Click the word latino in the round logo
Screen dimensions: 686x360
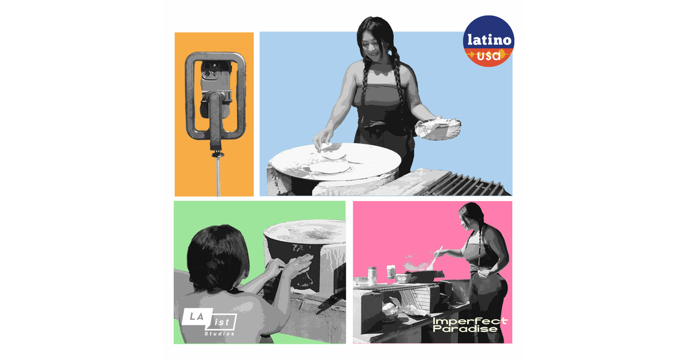coord(489,40)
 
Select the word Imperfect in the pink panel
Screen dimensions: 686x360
coord(470,321)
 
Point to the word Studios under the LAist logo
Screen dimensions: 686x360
coord(220,333)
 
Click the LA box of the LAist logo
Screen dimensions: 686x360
coord(197,317)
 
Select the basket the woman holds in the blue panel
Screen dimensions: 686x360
coord(438,129)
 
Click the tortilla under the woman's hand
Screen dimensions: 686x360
coord(332,151)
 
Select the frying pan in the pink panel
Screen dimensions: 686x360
coord(425,276)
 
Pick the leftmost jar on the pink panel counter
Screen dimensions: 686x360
coord(372,275)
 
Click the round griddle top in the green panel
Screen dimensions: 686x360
coord(305,231)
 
